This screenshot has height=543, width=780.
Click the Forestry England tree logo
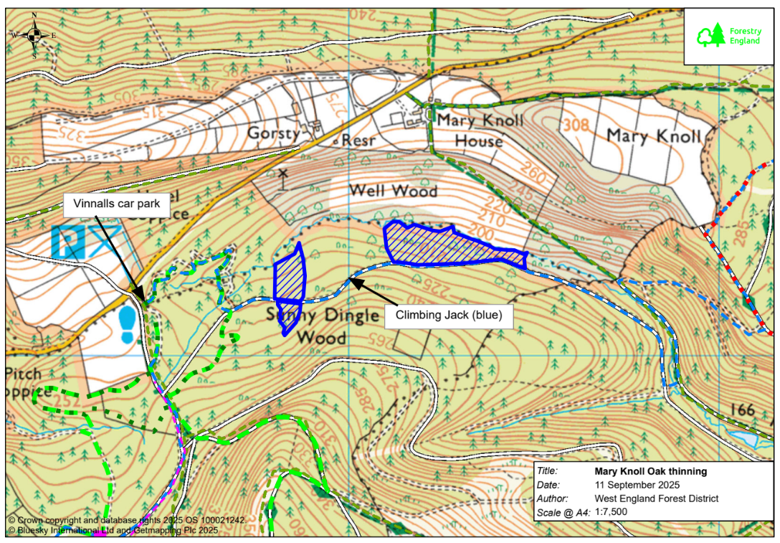pyautogui.click(x=711, y=36)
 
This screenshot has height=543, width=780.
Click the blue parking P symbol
pyautogui.click(x=70, y=242)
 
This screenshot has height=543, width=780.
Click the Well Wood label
pyautogui.click(x=392, y=190)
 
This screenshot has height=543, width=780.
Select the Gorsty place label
pyautogui.click(x=273, y=133)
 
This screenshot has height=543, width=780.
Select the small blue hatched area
pyautogui.click(x=290, y=282)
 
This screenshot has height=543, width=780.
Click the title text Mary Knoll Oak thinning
pyautogui.click(x=650, y=471)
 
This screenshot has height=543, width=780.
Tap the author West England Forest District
pyautogui.click(x=656, y=499)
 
